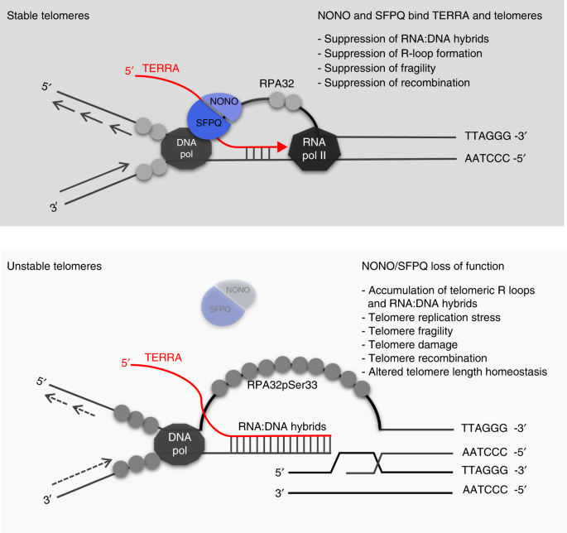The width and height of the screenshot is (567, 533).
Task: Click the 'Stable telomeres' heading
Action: click(x=47, y=17)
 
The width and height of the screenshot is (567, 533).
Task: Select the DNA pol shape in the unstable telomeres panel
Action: click(x=178, y=438)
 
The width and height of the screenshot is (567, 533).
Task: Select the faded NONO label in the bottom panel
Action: click(x=237, y=291)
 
